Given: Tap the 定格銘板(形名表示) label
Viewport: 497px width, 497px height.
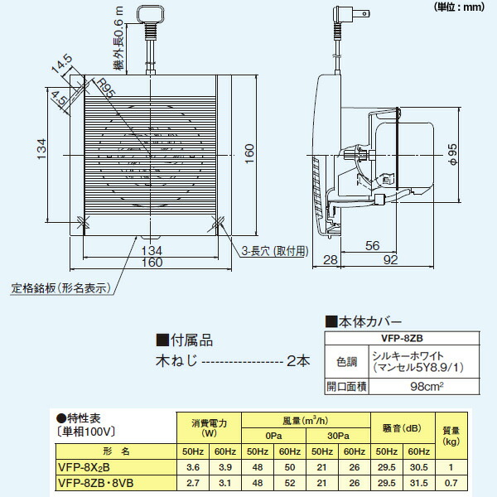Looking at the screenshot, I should pos(61,289).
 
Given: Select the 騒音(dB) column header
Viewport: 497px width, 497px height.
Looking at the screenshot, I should pos(403,428).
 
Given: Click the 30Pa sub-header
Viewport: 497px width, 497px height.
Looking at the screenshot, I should pos(337,436).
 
